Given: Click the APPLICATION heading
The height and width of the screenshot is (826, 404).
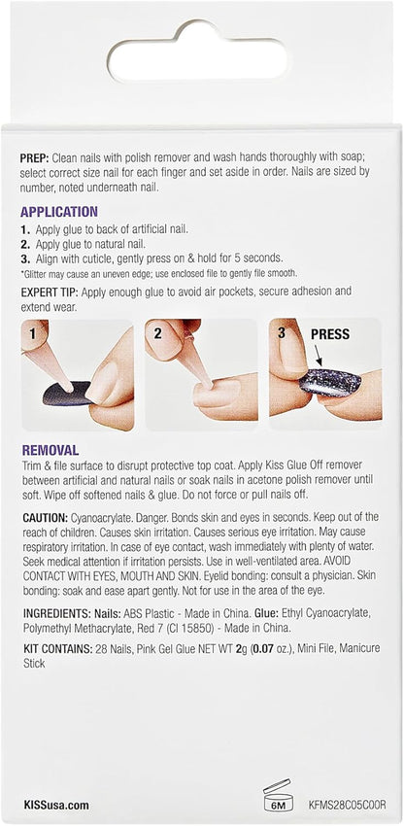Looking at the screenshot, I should (60, 211).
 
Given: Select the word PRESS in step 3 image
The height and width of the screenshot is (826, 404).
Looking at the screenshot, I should (329, 334).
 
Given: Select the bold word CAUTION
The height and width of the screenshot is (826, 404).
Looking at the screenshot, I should (46, 518).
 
